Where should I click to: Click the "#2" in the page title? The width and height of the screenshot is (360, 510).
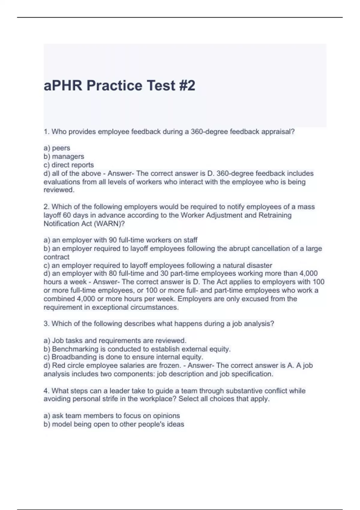tap(187, 85)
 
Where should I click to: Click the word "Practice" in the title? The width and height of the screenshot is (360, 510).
tap(114, 85)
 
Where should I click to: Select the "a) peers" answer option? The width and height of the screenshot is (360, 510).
tap(57, 148)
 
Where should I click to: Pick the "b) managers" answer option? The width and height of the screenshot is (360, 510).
tap(64, 156)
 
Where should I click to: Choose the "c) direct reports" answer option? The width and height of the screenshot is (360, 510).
tap(69, 165)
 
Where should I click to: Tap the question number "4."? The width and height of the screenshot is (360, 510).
tap(46, 391)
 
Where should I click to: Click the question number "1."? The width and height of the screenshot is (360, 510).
tap(46, 132)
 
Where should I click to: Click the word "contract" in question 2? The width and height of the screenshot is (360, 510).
tap(56, 257)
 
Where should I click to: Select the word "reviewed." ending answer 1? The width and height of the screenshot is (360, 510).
tap(59, 190)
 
